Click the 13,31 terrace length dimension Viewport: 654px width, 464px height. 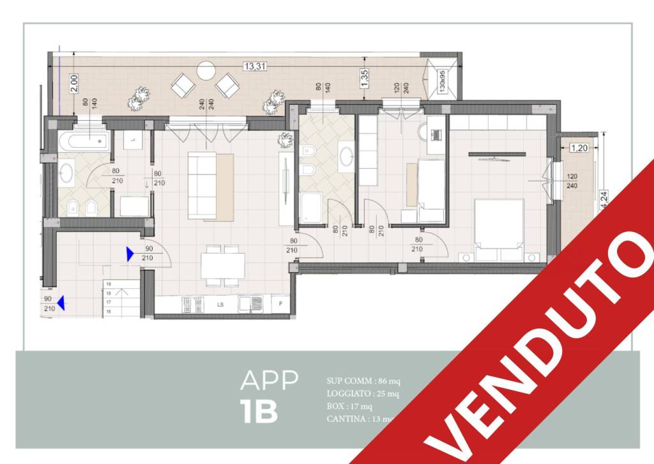coord(254,65)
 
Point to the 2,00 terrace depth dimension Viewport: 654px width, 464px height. coord(73,83)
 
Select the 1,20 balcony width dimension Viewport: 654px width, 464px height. coord(579,148)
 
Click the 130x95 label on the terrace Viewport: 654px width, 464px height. coord(441,82)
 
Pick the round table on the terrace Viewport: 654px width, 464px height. coord(206,70)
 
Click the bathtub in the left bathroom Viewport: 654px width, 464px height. coord(83,141)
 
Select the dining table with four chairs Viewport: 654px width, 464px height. coord(223,265)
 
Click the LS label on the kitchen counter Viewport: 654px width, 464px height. coord(220,305)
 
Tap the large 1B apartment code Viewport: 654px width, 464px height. coord(259,412)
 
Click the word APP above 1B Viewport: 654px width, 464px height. coord(269,380)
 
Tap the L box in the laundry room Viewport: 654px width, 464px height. coord(132,140)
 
